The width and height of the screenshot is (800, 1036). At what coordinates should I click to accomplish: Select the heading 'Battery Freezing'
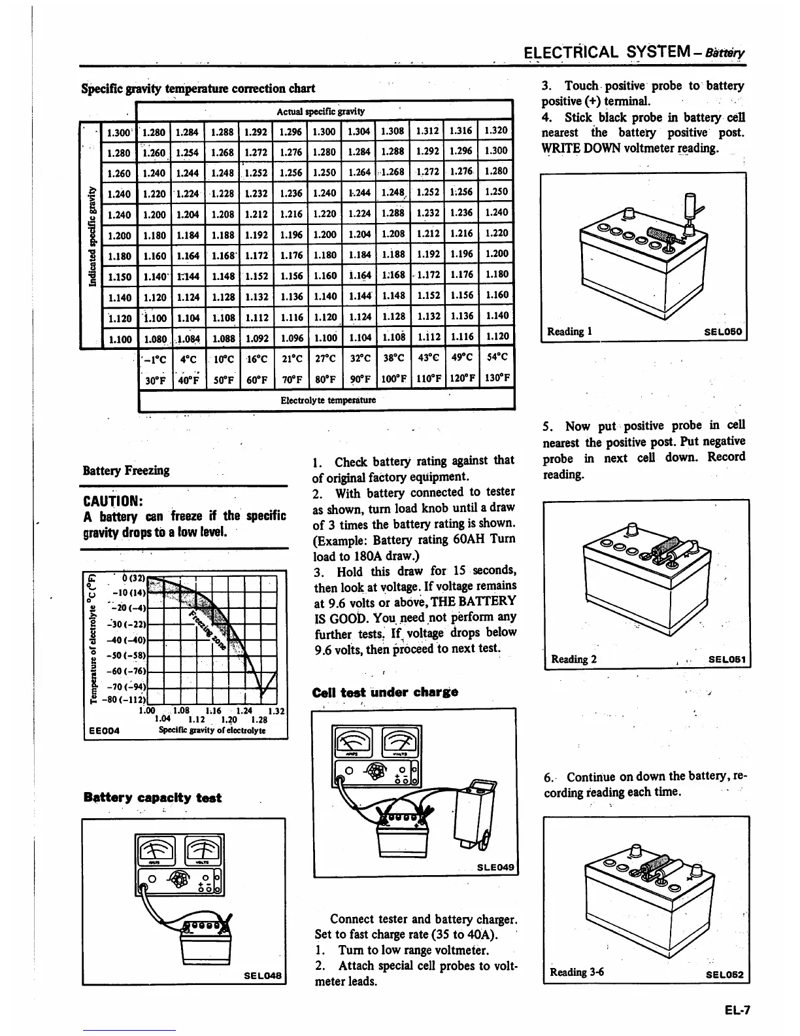pos(125,470)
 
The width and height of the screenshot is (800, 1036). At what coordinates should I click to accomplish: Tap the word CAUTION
pos(110,501)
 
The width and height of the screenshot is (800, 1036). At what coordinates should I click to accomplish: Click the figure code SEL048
pos(263,975)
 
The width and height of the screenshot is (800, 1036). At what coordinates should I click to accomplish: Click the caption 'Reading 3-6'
pos(577,972)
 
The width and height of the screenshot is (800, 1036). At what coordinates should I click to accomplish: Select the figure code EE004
pos(103,731)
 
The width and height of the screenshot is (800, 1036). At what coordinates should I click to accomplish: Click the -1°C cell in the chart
pos(156,358)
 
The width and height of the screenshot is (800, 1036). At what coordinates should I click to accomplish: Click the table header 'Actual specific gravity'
pos(320,111)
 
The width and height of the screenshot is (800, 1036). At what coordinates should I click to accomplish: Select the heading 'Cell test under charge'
pos(385,692)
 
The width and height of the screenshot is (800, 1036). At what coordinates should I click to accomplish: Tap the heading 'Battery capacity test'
pos(152,797)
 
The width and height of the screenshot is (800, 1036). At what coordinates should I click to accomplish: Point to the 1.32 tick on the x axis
pos(276,711)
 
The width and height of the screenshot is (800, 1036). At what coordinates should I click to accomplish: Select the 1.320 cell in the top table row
pos(496,130)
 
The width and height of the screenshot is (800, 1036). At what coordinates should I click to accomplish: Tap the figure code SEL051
pos(727,659)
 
